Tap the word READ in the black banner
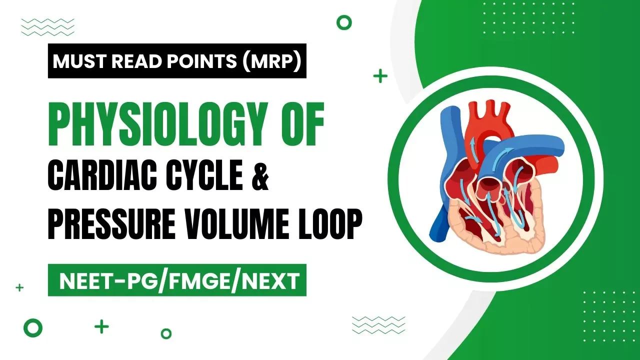[129, 61]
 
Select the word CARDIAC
[103, 177]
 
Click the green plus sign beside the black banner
[380, 76]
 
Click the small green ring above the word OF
[344, 22]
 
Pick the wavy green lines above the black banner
[47, 27]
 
